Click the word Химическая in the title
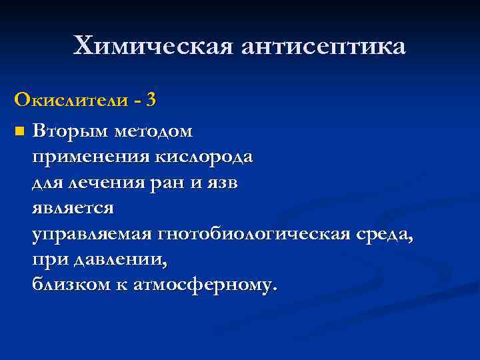153,46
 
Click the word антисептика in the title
323,46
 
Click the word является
73,207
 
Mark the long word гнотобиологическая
261,234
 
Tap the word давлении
111,259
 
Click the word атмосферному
203,285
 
